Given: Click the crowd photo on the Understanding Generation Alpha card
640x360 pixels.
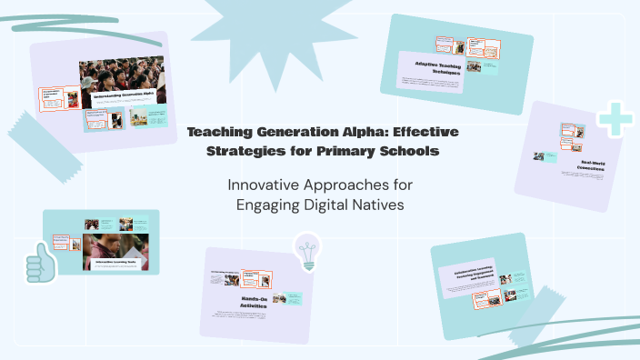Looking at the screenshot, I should point(122,76).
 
